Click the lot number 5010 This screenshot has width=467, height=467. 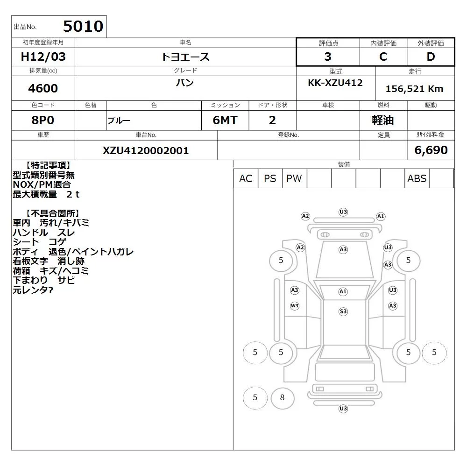[x=83, y=26]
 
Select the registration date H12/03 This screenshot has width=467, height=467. [x=43, y=57]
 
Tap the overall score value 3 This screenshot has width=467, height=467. [x=328, y=57]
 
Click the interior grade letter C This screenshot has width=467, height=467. [x=383, y=57]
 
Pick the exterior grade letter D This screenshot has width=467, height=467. [x=431, y=57]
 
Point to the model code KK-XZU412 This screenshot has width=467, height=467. [x=335, y=83]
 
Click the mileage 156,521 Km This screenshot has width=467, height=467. [x=414, y=89]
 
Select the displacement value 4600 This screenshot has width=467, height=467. [x=43, y=88]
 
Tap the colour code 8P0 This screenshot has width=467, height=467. [x=43, y=120]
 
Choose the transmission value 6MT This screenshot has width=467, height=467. [x=225, y=120]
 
